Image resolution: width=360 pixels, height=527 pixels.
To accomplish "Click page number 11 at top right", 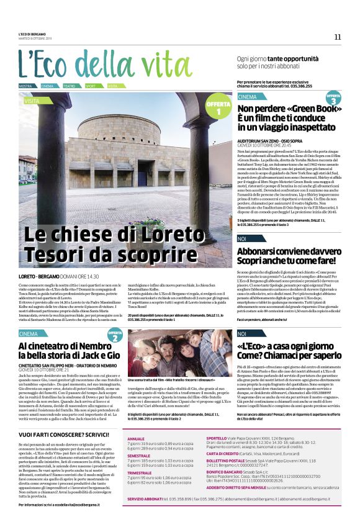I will point(338,37).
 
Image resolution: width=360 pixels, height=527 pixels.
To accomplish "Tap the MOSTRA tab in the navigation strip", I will point(25,86).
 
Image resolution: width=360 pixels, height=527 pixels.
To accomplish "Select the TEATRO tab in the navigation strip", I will point(69,86).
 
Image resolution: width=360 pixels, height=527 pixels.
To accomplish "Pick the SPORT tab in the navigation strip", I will point(91,86).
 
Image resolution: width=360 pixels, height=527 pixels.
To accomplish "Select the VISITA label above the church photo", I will point(32,99).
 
